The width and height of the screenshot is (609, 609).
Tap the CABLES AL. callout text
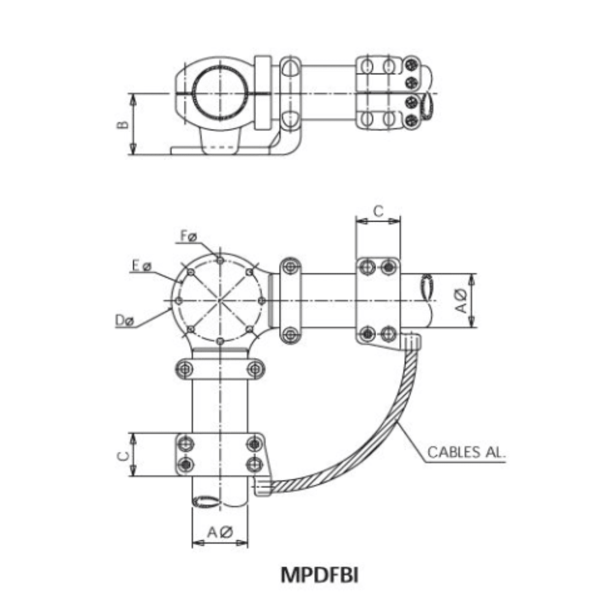466,452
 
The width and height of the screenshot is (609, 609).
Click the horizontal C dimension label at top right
378,211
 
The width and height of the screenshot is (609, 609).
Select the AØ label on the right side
461,300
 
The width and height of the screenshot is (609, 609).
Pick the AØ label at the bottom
219,532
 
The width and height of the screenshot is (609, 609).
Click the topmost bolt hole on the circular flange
220,260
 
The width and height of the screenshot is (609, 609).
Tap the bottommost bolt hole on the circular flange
220,342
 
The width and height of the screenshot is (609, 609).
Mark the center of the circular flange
220,301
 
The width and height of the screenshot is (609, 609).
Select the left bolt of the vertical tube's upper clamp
185,369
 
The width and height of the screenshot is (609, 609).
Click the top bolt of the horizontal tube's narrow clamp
290,266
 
